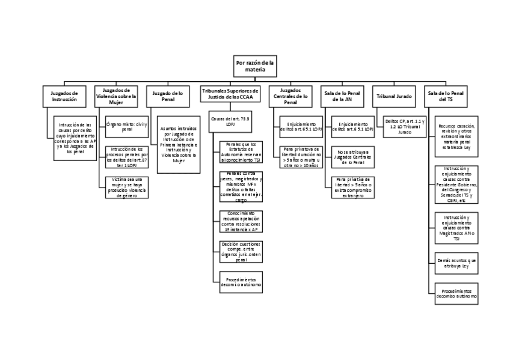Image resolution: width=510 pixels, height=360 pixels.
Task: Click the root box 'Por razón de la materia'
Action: point(254,66)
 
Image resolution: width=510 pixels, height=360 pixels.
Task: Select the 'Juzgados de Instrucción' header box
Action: point(65,96)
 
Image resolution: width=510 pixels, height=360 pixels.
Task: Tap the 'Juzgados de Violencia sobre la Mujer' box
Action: point(116,96)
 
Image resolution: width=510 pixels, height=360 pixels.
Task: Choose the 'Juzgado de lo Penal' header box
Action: point(168,96)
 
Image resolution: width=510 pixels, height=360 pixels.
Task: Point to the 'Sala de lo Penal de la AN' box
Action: point(342,96)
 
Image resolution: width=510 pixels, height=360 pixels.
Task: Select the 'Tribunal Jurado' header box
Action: point(394,96)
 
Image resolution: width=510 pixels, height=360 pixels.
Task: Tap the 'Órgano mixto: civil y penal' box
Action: point(126,126)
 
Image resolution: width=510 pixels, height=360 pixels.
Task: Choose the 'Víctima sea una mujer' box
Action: point(126,187)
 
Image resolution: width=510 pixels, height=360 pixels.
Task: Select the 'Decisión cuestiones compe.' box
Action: point(241,251)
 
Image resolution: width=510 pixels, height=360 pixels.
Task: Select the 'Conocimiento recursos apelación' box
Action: point(241,221)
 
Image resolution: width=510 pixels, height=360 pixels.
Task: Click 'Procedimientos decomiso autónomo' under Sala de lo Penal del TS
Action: point(456,293)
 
